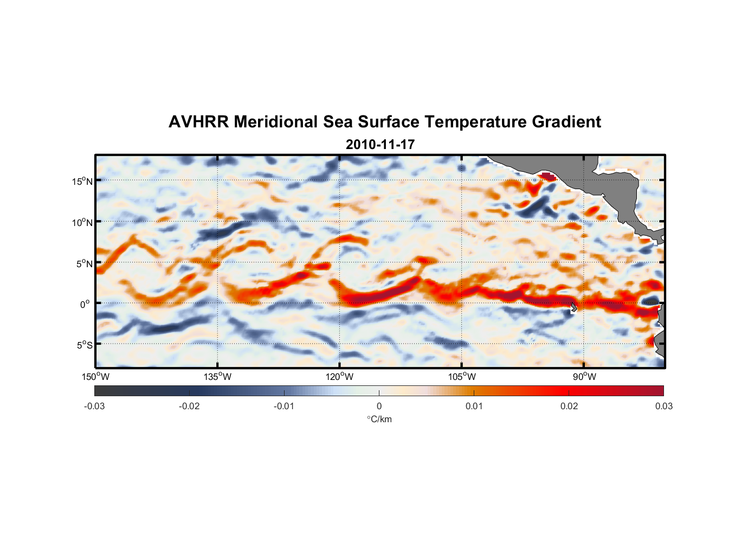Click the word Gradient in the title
tap(566, 122)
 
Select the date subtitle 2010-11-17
tap(380, 145)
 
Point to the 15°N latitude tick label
tap(82, 181)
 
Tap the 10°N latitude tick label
tap(82, 222)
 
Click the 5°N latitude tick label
tap(83, 263)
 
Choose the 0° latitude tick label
tap(85, 304)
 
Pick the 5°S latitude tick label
tap(83, 345)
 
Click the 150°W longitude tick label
tap(95, 377)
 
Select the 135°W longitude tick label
tap(217, 377)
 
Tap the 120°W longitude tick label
tap(339, 377)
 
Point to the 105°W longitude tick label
tap(462, 377)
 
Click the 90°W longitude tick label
tap(584, 377)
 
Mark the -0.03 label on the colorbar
tap(94, 406)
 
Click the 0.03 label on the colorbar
tap(663, 406)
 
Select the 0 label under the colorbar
tap(379, 406)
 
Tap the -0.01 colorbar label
tap(284, 406)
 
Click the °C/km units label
tap(379, 419)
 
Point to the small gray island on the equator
tap(574, 307)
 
